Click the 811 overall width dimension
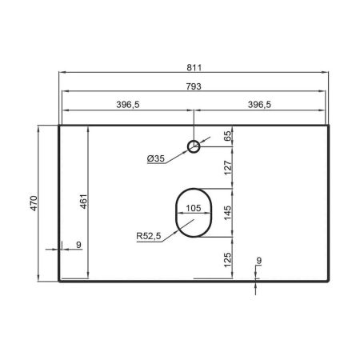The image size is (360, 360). point(194,68)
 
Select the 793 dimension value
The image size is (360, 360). point(194,86)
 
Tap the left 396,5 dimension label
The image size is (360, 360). point(128,105)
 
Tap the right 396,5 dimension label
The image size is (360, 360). point(259,105)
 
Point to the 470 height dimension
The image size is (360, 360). point(34,203)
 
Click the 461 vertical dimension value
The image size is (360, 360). point(84,202)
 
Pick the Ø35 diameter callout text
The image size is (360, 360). point(156,158)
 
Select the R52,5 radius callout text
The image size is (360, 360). point(149,236)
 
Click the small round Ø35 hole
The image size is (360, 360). point(194,146)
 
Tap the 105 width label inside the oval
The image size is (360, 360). point(194,208)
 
